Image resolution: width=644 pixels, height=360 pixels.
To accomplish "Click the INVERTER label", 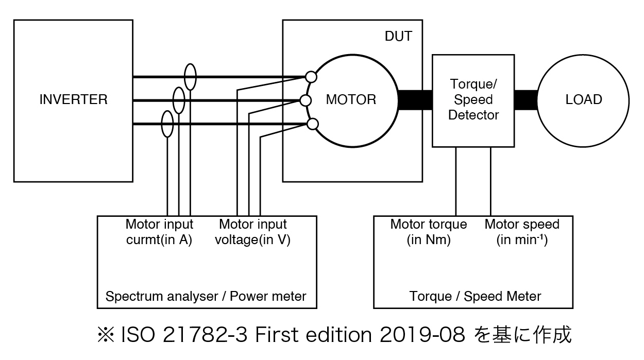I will (74, 99).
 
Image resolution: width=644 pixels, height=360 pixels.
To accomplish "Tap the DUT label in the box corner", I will (398, 37).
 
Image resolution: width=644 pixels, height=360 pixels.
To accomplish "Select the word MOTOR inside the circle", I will (351, 99).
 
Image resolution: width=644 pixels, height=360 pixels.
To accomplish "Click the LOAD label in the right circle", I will (584, 99).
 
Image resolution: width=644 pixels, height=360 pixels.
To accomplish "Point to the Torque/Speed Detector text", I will (473, 99).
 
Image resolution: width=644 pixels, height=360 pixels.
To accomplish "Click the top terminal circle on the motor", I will (311, 77).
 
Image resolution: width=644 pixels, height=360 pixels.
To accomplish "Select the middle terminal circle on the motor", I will (306, 100).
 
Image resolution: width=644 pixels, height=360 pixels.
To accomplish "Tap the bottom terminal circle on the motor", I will (312, 124).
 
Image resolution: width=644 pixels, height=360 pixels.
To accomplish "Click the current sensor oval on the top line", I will (190, 77).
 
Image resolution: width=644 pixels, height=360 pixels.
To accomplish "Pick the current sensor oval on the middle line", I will (179, 100).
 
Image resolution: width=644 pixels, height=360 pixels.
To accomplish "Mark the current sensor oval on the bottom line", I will (167, 124).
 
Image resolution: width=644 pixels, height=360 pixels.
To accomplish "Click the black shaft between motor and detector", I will (415, 99).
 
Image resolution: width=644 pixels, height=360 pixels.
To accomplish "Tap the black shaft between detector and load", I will (526, 99).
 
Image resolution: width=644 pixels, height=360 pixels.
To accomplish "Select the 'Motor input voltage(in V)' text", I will (252, 232).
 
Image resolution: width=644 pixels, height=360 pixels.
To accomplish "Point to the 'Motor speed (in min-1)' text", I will (522, 232).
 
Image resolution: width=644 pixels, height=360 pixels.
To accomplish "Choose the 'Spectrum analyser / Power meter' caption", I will (206, 296).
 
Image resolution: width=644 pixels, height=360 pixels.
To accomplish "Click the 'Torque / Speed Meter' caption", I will (475, 296).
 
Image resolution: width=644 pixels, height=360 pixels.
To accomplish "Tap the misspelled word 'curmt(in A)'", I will (159, 240).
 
